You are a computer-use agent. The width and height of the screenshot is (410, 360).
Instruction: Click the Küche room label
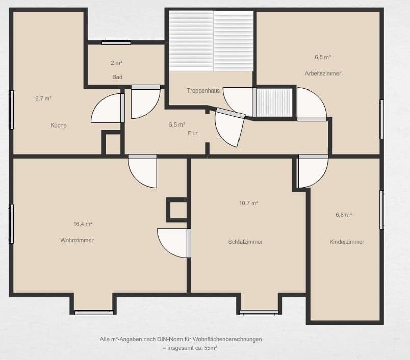coord(59,125)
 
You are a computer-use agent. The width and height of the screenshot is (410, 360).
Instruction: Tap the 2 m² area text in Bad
coord(116,63)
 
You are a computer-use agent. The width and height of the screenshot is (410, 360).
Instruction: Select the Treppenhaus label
coord(203,90)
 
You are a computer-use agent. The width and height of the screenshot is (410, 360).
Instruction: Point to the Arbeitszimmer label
coord(323,73)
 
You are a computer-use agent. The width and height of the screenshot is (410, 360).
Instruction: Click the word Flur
coord(192,134)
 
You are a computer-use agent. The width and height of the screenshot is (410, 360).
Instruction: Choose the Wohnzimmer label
coord(77,240)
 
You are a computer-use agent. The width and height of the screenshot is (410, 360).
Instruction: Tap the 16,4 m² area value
coord(83,223)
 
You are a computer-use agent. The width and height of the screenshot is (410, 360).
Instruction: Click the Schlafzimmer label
coord(245,242)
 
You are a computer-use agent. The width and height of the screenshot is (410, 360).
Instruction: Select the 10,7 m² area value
coord(248,202)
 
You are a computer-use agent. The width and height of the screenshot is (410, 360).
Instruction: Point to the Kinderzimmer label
coord(347,242)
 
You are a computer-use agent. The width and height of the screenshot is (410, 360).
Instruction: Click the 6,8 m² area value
coord(343,215)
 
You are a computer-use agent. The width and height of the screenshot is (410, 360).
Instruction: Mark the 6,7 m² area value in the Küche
coord(43,98)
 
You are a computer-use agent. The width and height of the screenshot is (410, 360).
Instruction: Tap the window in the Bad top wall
coord(116,42)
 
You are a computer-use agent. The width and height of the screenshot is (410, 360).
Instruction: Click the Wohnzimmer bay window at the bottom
coord(94,312)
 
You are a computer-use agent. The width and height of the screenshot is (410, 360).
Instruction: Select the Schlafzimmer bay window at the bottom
coord(259,312)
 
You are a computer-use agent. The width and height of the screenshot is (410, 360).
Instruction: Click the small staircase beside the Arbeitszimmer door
coord(274,102)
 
